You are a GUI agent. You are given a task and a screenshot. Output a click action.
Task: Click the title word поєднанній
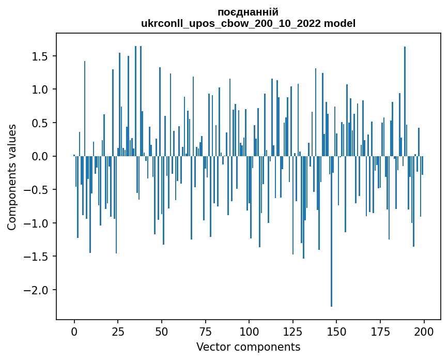[248, 12]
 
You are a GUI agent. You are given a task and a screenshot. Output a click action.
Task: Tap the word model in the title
[341, 23]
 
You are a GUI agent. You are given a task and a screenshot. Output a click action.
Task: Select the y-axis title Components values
[12, 177]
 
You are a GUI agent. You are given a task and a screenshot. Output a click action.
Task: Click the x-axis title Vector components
[248, 347]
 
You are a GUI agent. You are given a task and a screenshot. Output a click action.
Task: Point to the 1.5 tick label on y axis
[39, 56]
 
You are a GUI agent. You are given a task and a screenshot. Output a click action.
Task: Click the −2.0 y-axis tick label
[36, 290]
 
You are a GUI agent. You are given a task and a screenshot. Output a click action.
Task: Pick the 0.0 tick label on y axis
[39, 156]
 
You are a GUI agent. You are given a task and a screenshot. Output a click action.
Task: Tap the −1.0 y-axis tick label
[36, 223]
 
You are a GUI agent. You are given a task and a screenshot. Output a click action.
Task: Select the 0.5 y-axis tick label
[39, 123]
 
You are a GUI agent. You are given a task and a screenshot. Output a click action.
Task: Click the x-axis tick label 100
[249, 331]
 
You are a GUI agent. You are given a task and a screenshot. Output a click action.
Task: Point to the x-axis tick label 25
[118, 331]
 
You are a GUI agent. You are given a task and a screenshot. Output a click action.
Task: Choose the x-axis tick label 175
[380, 331]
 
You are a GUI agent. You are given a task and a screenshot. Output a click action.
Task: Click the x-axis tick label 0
[74, 331]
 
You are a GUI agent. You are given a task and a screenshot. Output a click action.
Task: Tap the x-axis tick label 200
[424, 331]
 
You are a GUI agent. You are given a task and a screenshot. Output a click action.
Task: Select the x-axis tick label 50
[162, 331]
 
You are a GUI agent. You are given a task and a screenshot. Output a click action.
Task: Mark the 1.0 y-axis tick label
[39, 89]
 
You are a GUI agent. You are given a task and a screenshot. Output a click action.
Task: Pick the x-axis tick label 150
[336, 331]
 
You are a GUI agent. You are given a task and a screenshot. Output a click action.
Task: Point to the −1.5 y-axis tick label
[36, 257]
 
